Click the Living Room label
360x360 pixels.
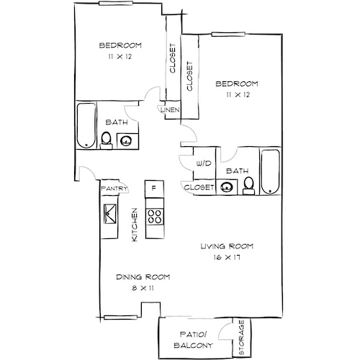pyautogui.click(x=227, y=246)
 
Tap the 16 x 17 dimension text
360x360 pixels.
pyautogui.click(x=227, y=258)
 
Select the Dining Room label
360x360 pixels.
pyautogui.click(x=143, y=277)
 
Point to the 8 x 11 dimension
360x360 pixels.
pyautogui.click(x=143, y=288)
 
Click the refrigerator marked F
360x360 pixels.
pyautogui.click(x=154, y=189)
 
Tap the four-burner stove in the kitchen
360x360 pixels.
pyautogui.click(x=155, y=216)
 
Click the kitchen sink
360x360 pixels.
pyautogui.click(x=110, y=214)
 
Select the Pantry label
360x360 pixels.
pyautogui.click(x=114, y=189)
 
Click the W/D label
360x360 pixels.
pyautogui.click(x=204, y=163)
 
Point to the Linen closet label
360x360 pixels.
pyautogui.click(x=170, y=110)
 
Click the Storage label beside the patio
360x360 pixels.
pyautogui.click(x=241, y=337)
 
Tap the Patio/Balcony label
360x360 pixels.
pyautogui.click(x=193, y=340)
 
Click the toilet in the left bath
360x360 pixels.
pyautogui.click(x=106, y=140)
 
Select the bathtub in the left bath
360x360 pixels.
pyautogui.click(x=86, y=125)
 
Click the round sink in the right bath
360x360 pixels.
pyautogui.click(x=227, y=186)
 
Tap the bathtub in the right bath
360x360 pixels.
pyautogui.click(x=270, y=172)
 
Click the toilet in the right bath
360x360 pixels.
pyautogui.click(x=248, y=186)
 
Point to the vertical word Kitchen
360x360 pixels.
pyautogui.click(x=135, y=225)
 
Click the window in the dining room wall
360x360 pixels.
pyautogui.click(x=120, y=318)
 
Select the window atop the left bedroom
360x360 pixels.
pyautogui.click(x=116, y=3)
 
